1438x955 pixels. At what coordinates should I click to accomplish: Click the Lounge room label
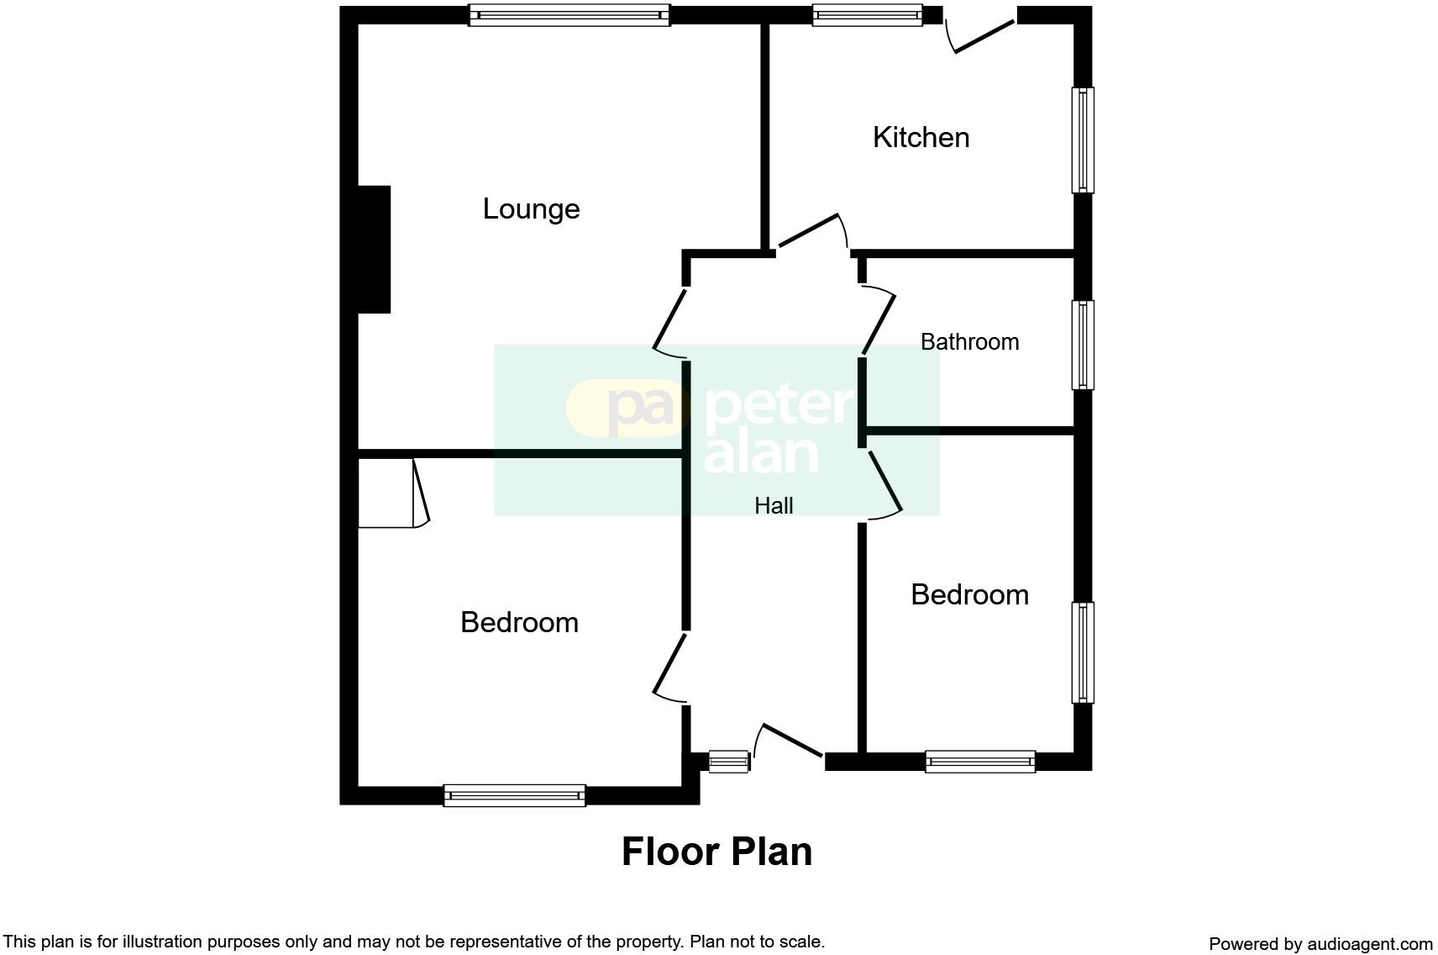pyautogui.click(x=531, y=209)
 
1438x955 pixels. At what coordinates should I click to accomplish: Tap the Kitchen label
pyautogui.click(x=921, y=138)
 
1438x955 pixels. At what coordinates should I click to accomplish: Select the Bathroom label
pyautogui.click(x=969, y=342)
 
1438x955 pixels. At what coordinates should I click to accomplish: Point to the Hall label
pyautogui.click(x=774, y=506)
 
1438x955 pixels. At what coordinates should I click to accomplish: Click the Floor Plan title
pyautogui.click(x=716, y=852)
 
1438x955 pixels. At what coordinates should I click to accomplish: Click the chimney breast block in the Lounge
pyautogui.click(x=374, y=250)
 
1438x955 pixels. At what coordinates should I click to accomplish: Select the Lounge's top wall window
pyautogui.click(x=569, y=15)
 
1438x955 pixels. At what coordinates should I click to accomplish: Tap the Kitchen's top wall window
pyautogui.click(x=868, y=15)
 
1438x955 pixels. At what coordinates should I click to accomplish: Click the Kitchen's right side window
pyautogui.click(x=1083, y=140)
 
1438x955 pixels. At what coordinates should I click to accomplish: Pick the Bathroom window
pyautogui.click(x=1083, y=346)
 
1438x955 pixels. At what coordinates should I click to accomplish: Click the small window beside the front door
pyautogui.click(x=728, y=762)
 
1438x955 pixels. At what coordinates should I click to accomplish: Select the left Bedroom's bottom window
pyautogui.click(x=514, y=795)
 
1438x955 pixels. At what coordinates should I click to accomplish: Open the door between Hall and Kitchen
pyautogui.click(x=811, y=230)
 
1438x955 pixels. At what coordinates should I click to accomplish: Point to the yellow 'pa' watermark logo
pyautogui.click(x=626, y=408)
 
